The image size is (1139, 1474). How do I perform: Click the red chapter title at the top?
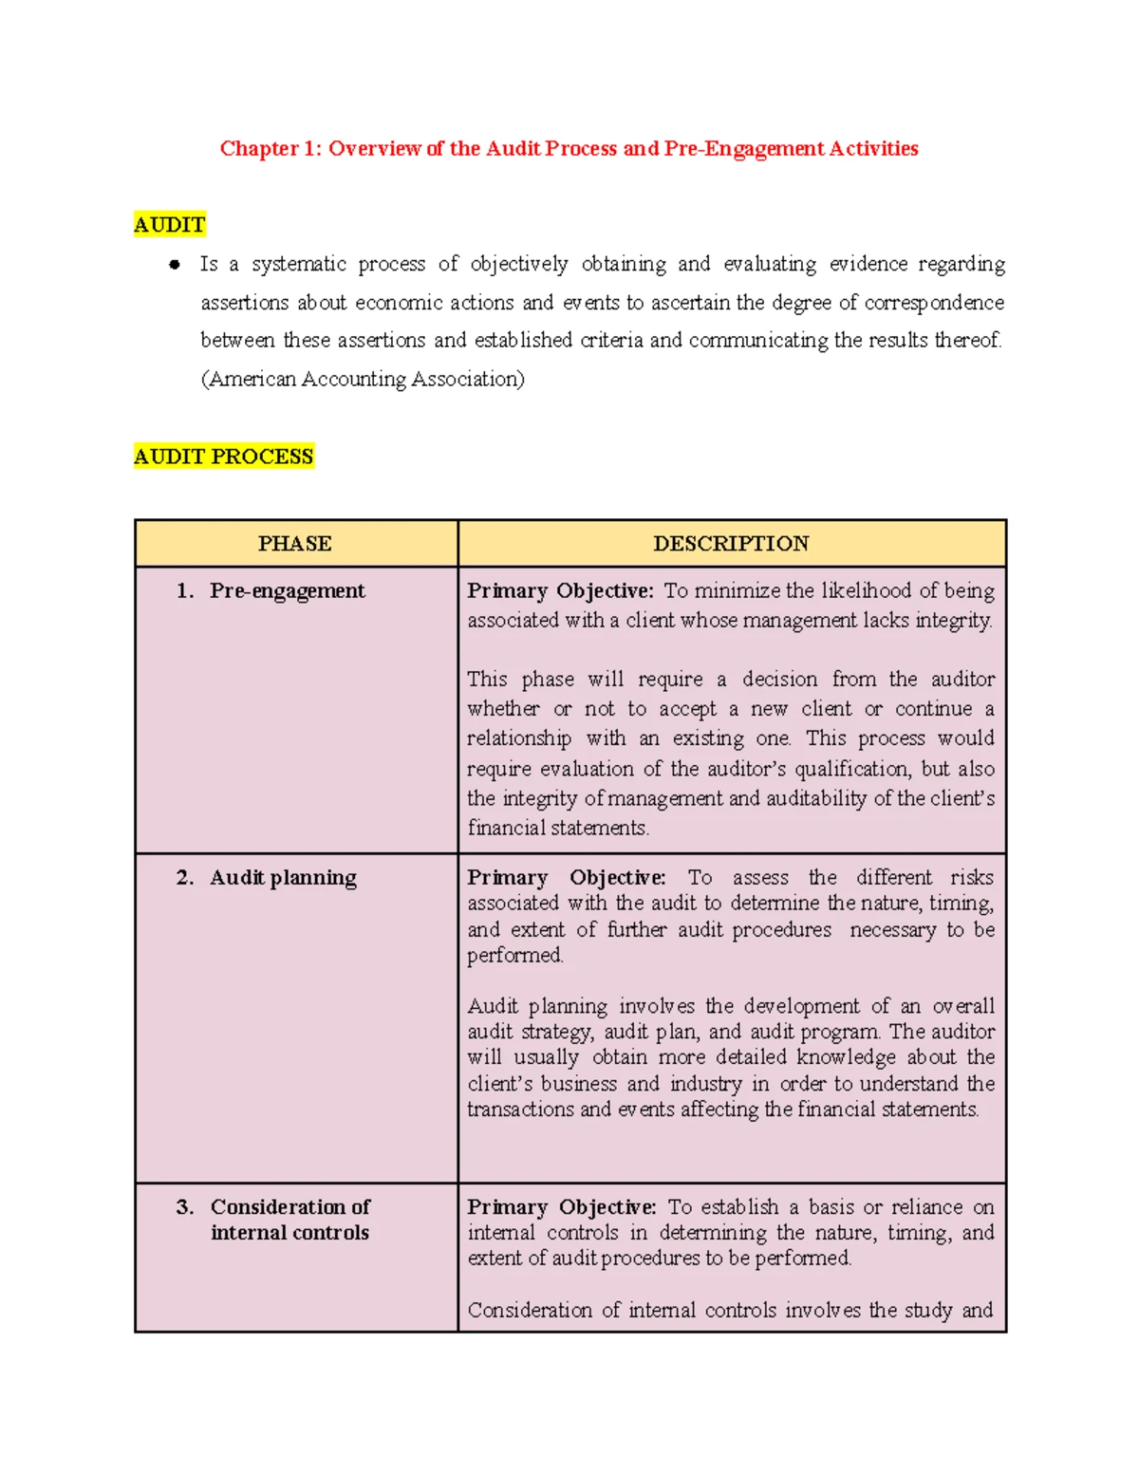569,148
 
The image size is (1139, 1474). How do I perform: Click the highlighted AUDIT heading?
169,225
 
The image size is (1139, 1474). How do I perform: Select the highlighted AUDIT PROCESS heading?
223,457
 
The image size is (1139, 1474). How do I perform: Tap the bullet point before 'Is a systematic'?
175,265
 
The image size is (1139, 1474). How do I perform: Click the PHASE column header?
294,544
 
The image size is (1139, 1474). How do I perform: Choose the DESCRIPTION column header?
731,544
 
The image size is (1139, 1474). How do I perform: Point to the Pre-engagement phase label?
287,590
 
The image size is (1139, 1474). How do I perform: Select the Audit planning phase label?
283,877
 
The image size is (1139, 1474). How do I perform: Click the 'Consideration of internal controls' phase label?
289,1220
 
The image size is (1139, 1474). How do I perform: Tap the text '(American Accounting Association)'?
363,379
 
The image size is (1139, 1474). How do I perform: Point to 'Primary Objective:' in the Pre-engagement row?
560,590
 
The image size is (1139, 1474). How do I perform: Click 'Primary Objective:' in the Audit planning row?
566,877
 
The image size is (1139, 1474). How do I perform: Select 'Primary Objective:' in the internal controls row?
561,1206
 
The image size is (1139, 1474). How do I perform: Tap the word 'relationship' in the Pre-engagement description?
518,738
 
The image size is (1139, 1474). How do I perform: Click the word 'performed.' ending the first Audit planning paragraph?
514,955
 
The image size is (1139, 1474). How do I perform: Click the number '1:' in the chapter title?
312,148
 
